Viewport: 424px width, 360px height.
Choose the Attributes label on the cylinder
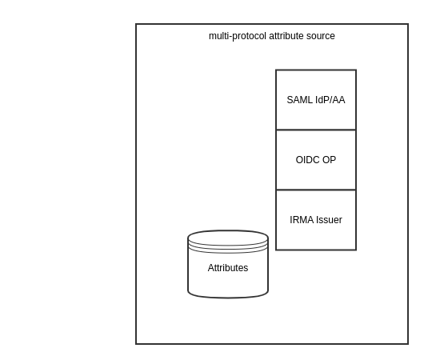click(228, 268)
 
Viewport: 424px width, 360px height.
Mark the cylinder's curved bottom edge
click(228, 298)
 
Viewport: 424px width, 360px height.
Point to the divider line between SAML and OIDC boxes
click(316, 130)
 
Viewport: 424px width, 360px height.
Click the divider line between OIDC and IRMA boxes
click(316, 190)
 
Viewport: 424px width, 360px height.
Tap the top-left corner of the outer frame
click(136, 24)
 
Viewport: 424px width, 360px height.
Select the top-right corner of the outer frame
click(408, 24)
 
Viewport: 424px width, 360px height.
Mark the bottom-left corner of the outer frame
click(136, 344)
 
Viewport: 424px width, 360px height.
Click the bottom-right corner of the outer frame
click(408, 344)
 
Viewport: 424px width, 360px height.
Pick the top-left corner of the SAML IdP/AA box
click(276, 70)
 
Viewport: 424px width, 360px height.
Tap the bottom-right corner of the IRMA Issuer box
click(356, 250)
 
